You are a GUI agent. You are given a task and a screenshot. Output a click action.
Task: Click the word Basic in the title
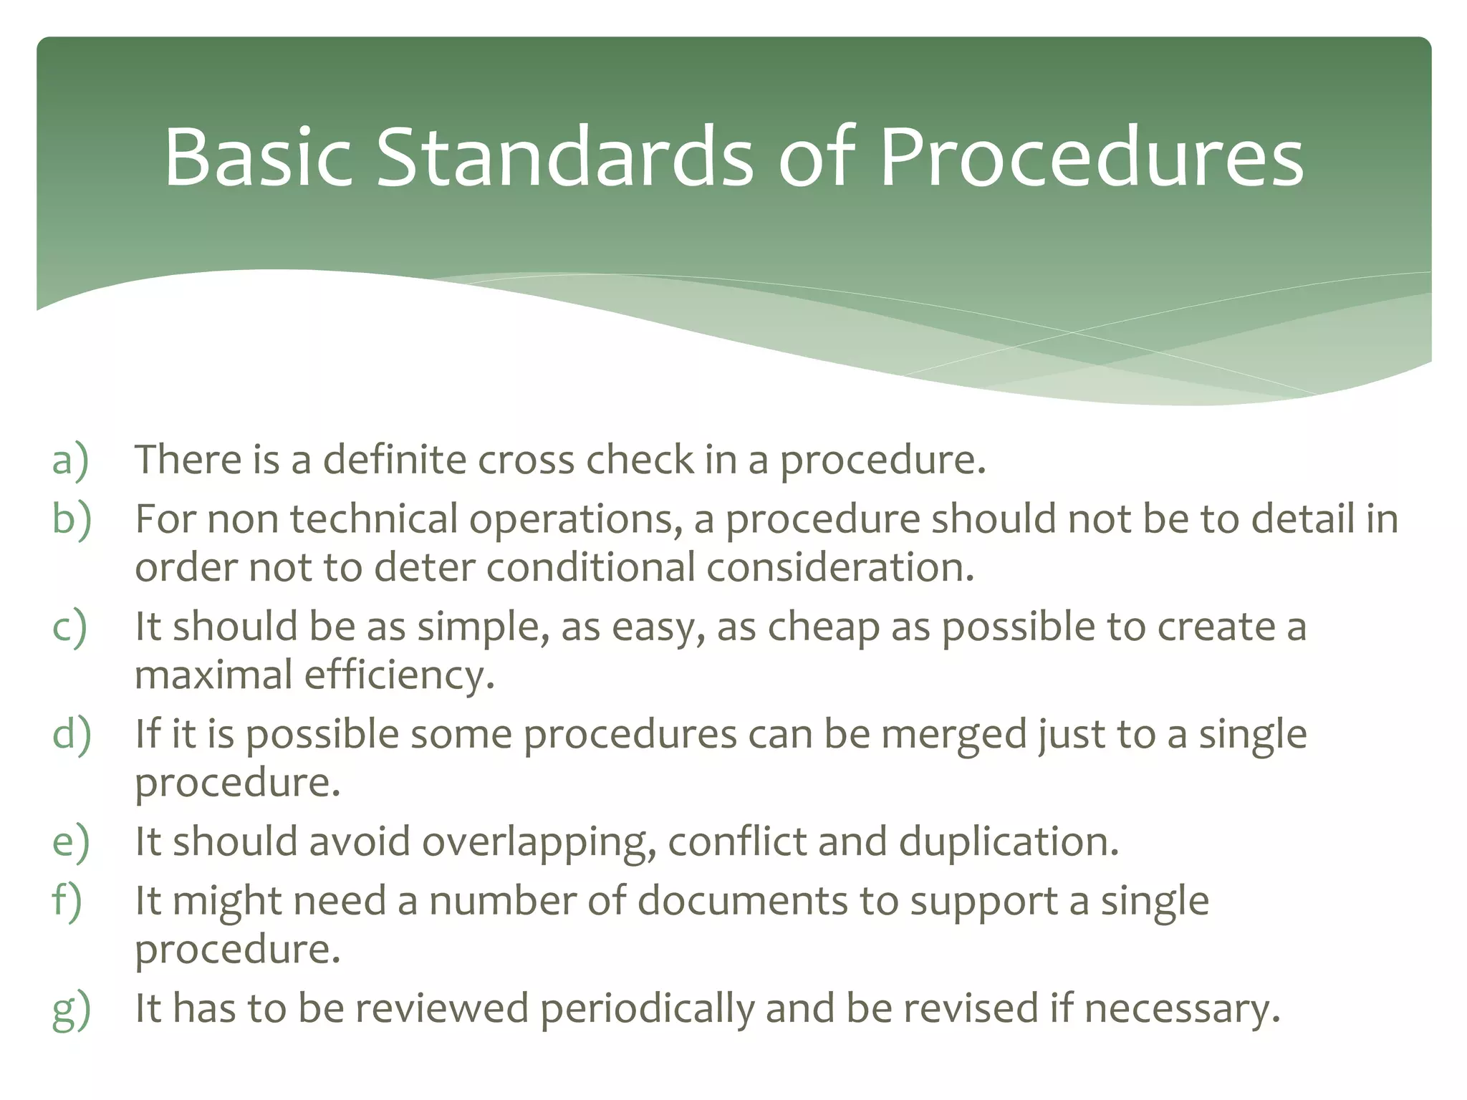(x=258, y=158)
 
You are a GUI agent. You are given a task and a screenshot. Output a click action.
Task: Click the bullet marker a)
(x=70, y=460)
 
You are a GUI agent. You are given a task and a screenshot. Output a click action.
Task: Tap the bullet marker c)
(x=69, y=627)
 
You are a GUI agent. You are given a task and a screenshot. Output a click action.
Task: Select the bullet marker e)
(x=70, y=841)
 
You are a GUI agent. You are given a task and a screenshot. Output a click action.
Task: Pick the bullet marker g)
(x=71, y=1010)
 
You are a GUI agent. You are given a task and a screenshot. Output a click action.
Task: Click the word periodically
(x=647, y=1009)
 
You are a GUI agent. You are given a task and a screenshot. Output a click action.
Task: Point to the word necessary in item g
(x=1181, y=1009)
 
